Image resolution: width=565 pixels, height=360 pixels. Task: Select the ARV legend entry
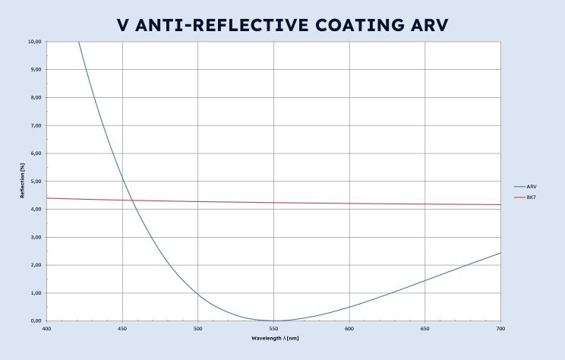point(532,186)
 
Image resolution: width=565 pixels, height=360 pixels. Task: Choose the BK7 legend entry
point(532,197)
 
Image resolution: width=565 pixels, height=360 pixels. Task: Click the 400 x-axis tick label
point(46,329)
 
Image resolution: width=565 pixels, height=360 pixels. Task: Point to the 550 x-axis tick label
point(273,329)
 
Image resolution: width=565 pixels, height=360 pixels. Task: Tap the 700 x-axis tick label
point(500,329)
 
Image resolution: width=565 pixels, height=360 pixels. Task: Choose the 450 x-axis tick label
point(122,329)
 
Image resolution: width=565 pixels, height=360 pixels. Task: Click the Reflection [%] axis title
point(23,182)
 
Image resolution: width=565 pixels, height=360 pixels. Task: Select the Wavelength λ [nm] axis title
point(273,337)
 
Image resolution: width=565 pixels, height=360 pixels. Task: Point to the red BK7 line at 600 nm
point(349,203)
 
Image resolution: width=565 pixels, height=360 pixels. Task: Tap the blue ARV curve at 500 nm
point(198,293)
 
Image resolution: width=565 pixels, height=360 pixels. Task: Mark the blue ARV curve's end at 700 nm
point(500,253)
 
